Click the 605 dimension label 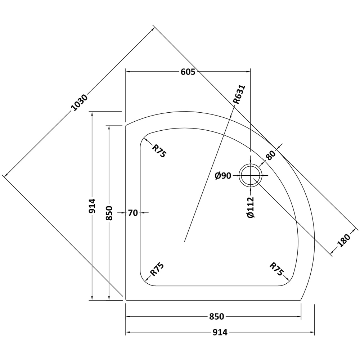188,72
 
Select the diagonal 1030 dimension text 80,102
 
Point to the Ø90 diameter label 223,176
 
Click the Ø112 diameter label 251,207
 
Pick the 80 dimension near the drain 271,155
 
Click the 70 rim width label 133,213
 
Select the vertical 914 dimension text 92,206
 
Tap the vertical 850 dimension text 109,213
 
